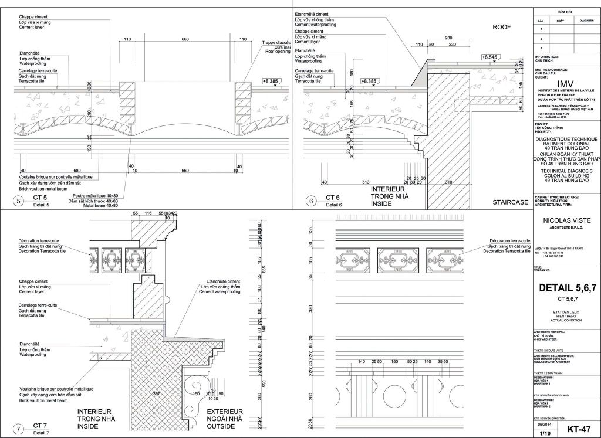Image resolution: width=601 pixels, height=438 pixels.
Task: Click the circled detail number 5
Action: (x=19, y=202)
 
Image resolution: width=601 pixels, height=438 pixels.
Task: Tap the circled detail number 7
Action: (x=19, y=429)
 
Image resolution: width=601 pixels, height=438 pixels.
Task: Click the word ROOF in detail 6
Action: (x=503, y=27)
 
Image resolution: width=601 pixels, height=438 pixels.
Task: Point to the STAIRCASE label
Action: (x=510, y=202)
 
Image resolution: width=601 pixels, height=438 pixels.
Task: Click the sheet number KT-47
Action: (x=579, y=429)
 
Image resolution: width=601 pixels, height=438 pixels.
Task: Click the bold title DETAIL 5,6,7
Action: (x=567, y=288)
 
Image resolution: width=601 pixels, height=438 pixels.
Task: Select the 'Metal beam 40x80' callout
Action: (x=102, y=206)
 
